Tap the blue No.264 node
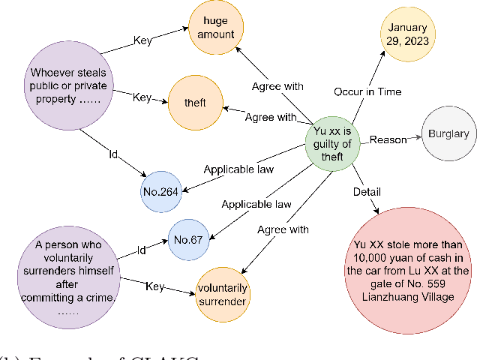click(x=160, y=191)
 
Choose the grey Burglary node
click(x=448, y=134)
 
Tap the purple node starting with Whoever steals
click(x=68, y=87)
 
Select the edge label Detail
click(x=367, y=192)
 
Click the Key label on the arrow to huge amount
click(x=142, y=40)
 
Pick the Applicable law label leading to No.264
click(x=239, y=169)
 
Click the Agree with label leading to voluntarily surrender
click(x=283, y=229)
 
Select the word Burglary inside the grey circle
click(x=448, y=134)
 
